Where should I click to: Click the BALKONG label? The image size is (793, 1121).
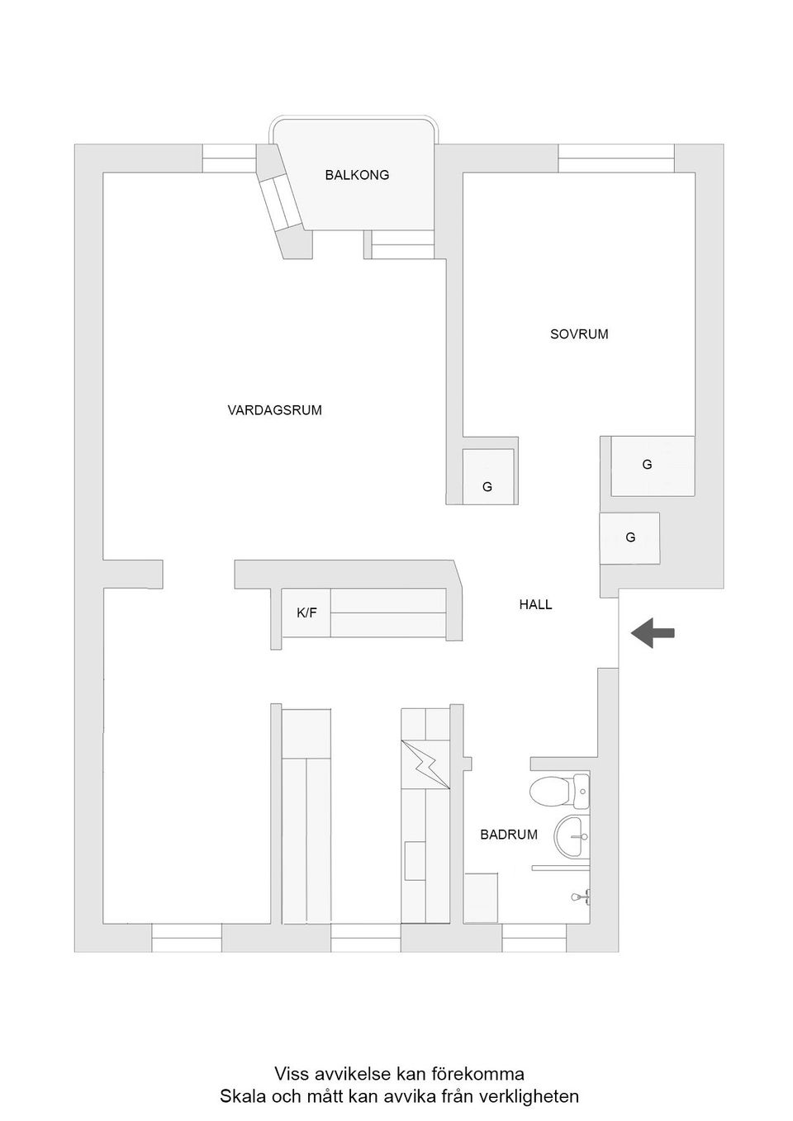[x=357, y=175]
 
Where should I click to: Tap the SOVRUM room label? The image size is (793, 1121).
[x=579, y=334]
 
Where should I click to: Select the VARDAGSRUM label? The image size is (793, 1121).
[x=274, y=409]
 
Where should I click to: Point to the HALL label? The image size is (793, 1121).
[x=535, y=604]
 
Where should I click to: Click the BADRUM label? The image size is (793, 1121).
[x=509, y=835]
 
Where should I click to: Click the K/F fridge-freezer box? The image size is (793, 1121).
[x=306, y=613]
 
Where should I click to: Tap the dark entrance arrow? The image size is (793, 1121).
[x=653, y=633]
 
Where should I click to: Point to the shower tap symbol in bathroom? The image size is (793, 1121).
[x=578, y=896]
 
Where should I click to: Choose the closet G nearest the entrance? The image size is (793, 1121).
[x=630, y=538]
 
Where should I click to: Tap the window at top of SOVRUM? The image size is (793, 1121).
[x=616, y=158]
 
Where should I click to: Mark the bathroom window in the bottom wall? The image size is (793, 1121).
[x=534, y=937]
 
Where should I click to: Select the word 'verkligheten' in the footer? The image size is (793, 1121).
[x=529, y=1097]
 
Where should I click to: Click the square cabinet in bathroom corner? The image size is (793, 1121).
[x=481, y=897]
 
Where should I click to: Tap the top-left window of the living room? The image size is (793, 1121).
[x=230, y=158]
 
